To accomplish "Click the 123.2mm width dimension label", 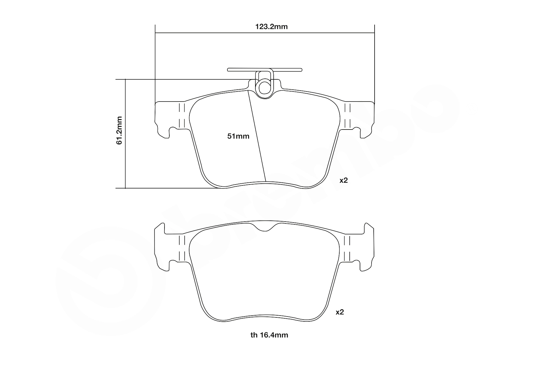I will coord(271,27).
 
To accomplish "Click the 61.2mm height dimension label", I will coord(119,130).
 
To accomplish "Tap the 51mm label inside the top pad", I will coord(238,136).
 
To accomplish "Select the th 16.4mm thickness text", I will coord(269,335).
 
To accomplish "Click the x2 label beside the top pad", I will coord(343,180).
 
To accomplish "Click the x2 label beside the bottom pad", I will coord(340,312).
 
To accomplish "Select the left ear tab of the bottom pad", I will coord(161,246).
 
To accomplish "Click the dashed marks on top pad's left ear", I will coord(182,116).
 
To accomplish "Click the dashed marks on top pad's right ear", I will coord(347,116).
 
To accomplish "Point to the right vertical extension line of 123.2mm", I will coord(374,61).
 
